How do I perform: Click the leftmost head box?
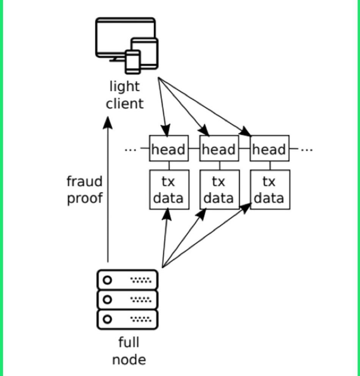coord(169,149)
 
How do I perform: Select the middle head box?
coord(219,149)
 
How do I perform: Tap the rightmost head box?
coord(270,149)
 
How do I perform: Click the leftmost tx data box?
coord(169,190)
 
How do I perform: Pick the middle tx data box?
coord(219,190)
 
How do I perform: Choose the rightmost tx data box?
coord(270,190)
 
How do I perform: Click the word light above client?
coord(124,86)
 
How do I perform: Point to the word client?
coord(125,103)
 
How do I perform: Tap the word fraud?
coord(85,182)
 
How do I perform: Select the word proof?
coord(85,198)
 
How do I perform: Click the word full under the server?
coord(129,342)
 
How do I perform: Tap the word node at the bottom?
coord(129,359)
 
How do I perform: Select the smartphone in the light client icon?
coord(133,61)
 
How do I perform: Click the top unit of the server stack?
coord(127,280)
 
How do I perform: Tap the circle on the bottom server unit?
coord(108,319)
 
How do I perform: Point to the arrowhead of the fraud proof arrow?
coord(108,123)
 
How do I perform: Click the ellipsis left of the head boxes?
coord(130,150)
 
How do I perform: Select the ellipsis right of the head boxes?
coord(307,150)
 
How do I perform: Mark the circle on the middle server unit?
coord(108,299)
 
